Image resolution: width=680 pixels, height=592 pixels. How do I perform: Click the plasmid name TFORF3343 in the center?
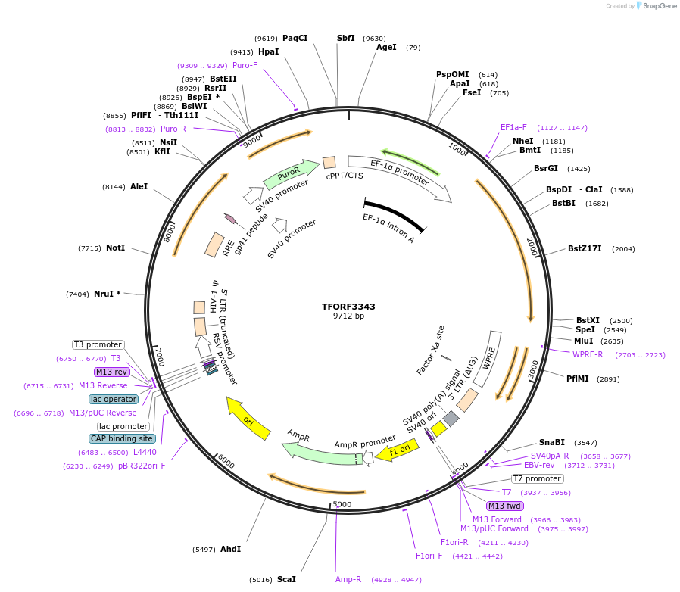(x=348, y=307)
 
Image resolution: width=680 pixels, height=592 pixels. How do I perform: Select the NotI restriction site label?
(x=115, y=248)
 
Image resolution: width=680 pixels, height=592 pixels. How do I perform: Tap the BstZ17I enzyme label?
(x=585, y=248)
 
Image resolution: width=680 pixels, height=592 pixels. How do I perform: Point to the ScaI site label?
(x=286, y=579)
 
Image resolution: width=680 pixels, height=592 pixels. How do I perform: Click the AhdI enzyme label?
(x=230, y=548)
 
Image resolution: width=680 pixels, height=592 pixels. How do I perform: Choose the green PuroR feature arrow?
(x=291, y=175)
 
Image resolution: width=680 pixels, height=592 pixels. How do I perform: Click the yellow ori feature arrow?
(x=249, y=417)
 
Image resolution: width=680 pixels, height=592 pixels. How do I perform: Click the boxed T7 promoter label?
(x=537, y=478)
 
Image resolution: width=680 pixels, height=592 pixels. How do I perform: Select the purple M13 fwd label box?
(x=504, y=506)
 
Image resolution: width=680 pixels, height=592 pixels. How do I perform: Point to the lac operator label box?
(x=114, y=399)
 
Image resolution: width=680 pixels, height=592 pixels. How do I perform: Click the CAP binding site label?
(x=122, y=438)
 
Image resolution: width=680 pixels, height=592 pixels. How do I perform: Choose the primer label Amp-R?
(x=348, y=579)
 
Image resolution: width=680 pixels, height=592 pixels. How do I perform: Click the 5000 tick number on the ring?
(x=342, y=503)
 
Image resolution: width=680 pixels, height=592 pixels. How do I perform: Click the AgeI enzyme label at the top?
(x=386, y=47)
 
